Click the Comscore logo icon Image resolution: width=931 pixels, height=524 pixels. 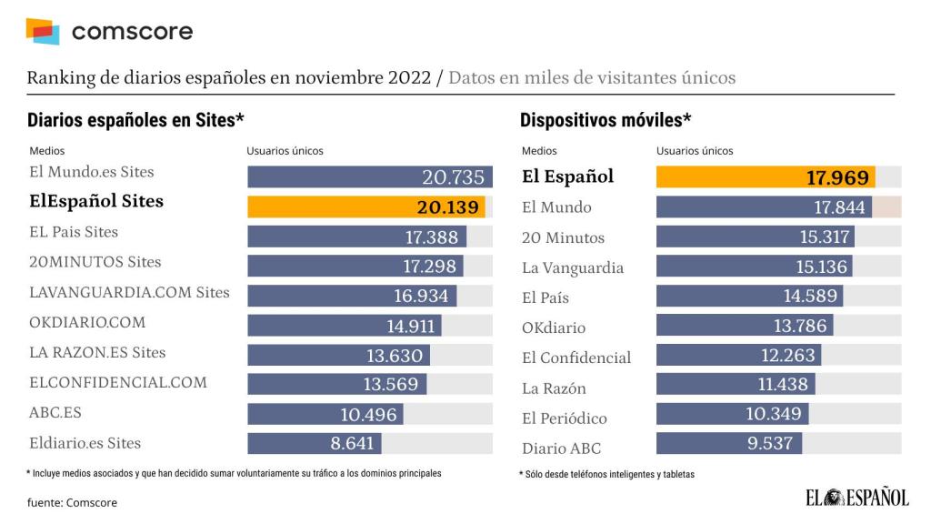(42, 31)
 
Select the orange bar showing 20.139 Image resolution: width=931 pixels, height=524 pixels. (365, 207)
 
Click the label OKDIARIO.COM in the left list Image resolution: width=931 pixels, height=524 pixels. (87, 322)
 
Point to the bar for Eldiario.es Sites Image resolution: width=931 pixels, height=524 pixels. (315, 444)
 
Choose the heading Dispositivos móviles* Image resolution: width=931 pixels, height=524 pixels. (606, 120)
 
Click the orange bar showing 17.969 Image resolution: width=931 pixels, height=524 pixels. (766, 177)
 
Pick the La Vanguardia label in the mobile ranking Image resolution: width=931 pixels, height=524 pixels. (573, 267)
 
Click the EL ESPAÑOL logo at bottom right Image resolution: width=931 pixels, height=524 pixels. (856, 497)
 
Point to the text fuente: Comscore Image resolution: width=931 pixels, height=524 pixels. (72, 502)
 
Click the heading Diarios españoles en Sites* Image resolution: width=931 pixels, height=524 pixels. (136, 120)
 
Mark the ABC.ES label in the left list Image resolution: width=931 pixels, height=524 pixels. (55, 412)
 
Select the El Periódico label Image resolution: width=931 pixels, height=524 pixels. (565, 418)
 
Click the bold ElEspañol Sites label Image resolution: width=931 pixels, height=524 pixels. (97, 201)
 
